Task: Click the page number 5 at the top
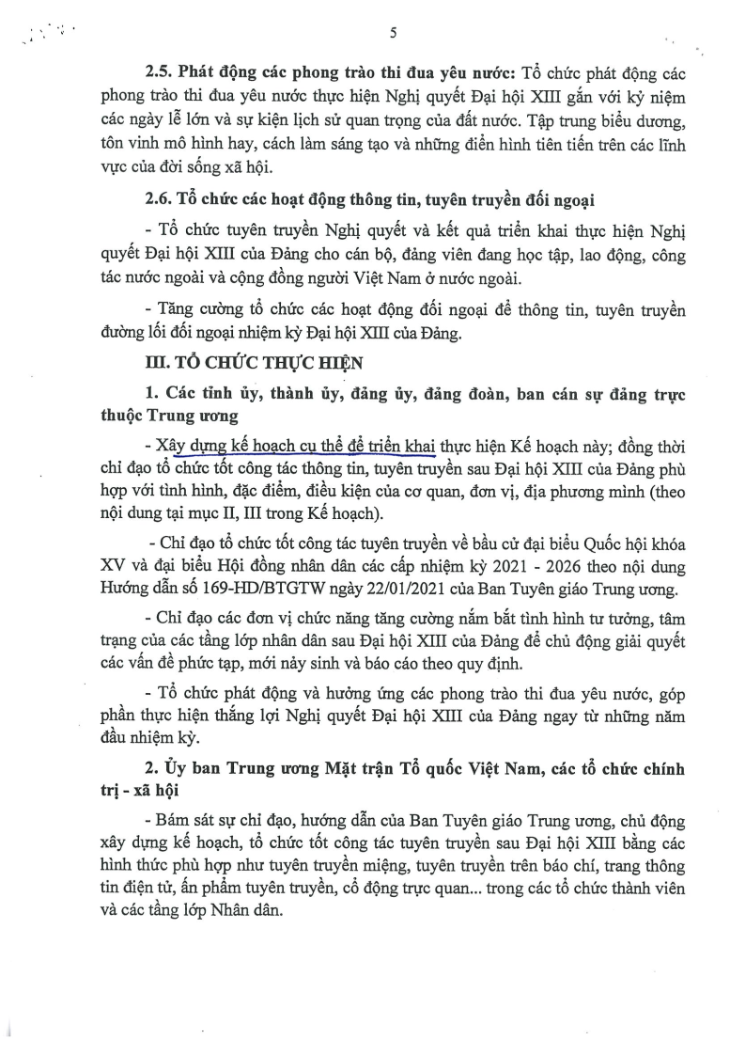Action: (393, 34)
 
